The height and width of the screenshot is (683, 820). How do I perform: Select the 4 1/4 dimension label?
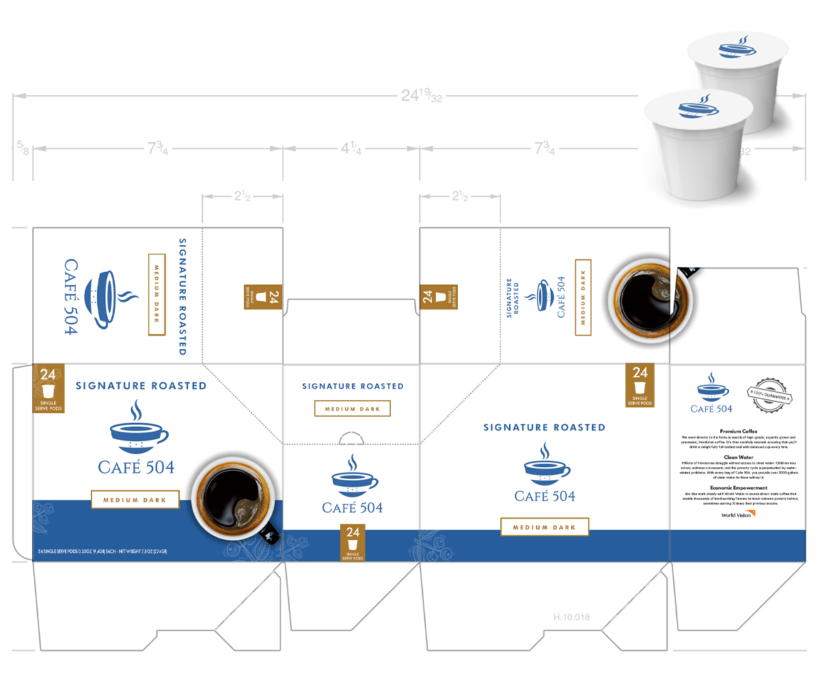point(352,148)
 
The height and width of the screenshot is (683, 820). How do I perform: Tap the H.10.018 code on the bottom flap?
point(571,617)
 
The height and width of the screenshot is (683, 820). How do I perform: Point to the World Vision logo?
point(739,514)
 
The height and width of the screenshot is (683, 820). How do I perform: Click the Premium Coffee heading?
point(739,432)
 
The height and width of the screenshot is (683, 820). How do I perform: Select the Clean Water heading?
point(739,457)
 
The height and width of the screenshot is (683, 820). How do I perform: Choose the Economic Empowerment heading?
point(739,488)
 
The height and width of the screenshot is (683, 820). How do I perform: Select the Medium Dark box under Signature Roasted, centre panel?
point(352,408)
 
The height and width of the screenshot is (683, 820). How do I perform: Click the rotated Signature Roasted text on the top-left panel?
point(182,296)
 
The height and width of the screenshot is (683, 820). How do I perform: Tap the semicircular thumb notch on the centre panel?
point(352,438)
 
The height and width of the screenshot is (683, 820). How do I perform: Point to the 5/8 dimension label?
point(23,146)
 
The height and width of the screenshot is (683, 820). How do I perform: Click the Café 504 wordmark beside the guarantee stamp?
point(711,408)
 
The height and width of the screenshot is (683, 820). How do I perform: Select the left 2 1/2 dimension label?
point(242,197)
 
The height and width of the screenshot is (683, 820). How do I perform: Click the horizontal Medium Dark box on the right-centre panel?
point(545,527)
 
